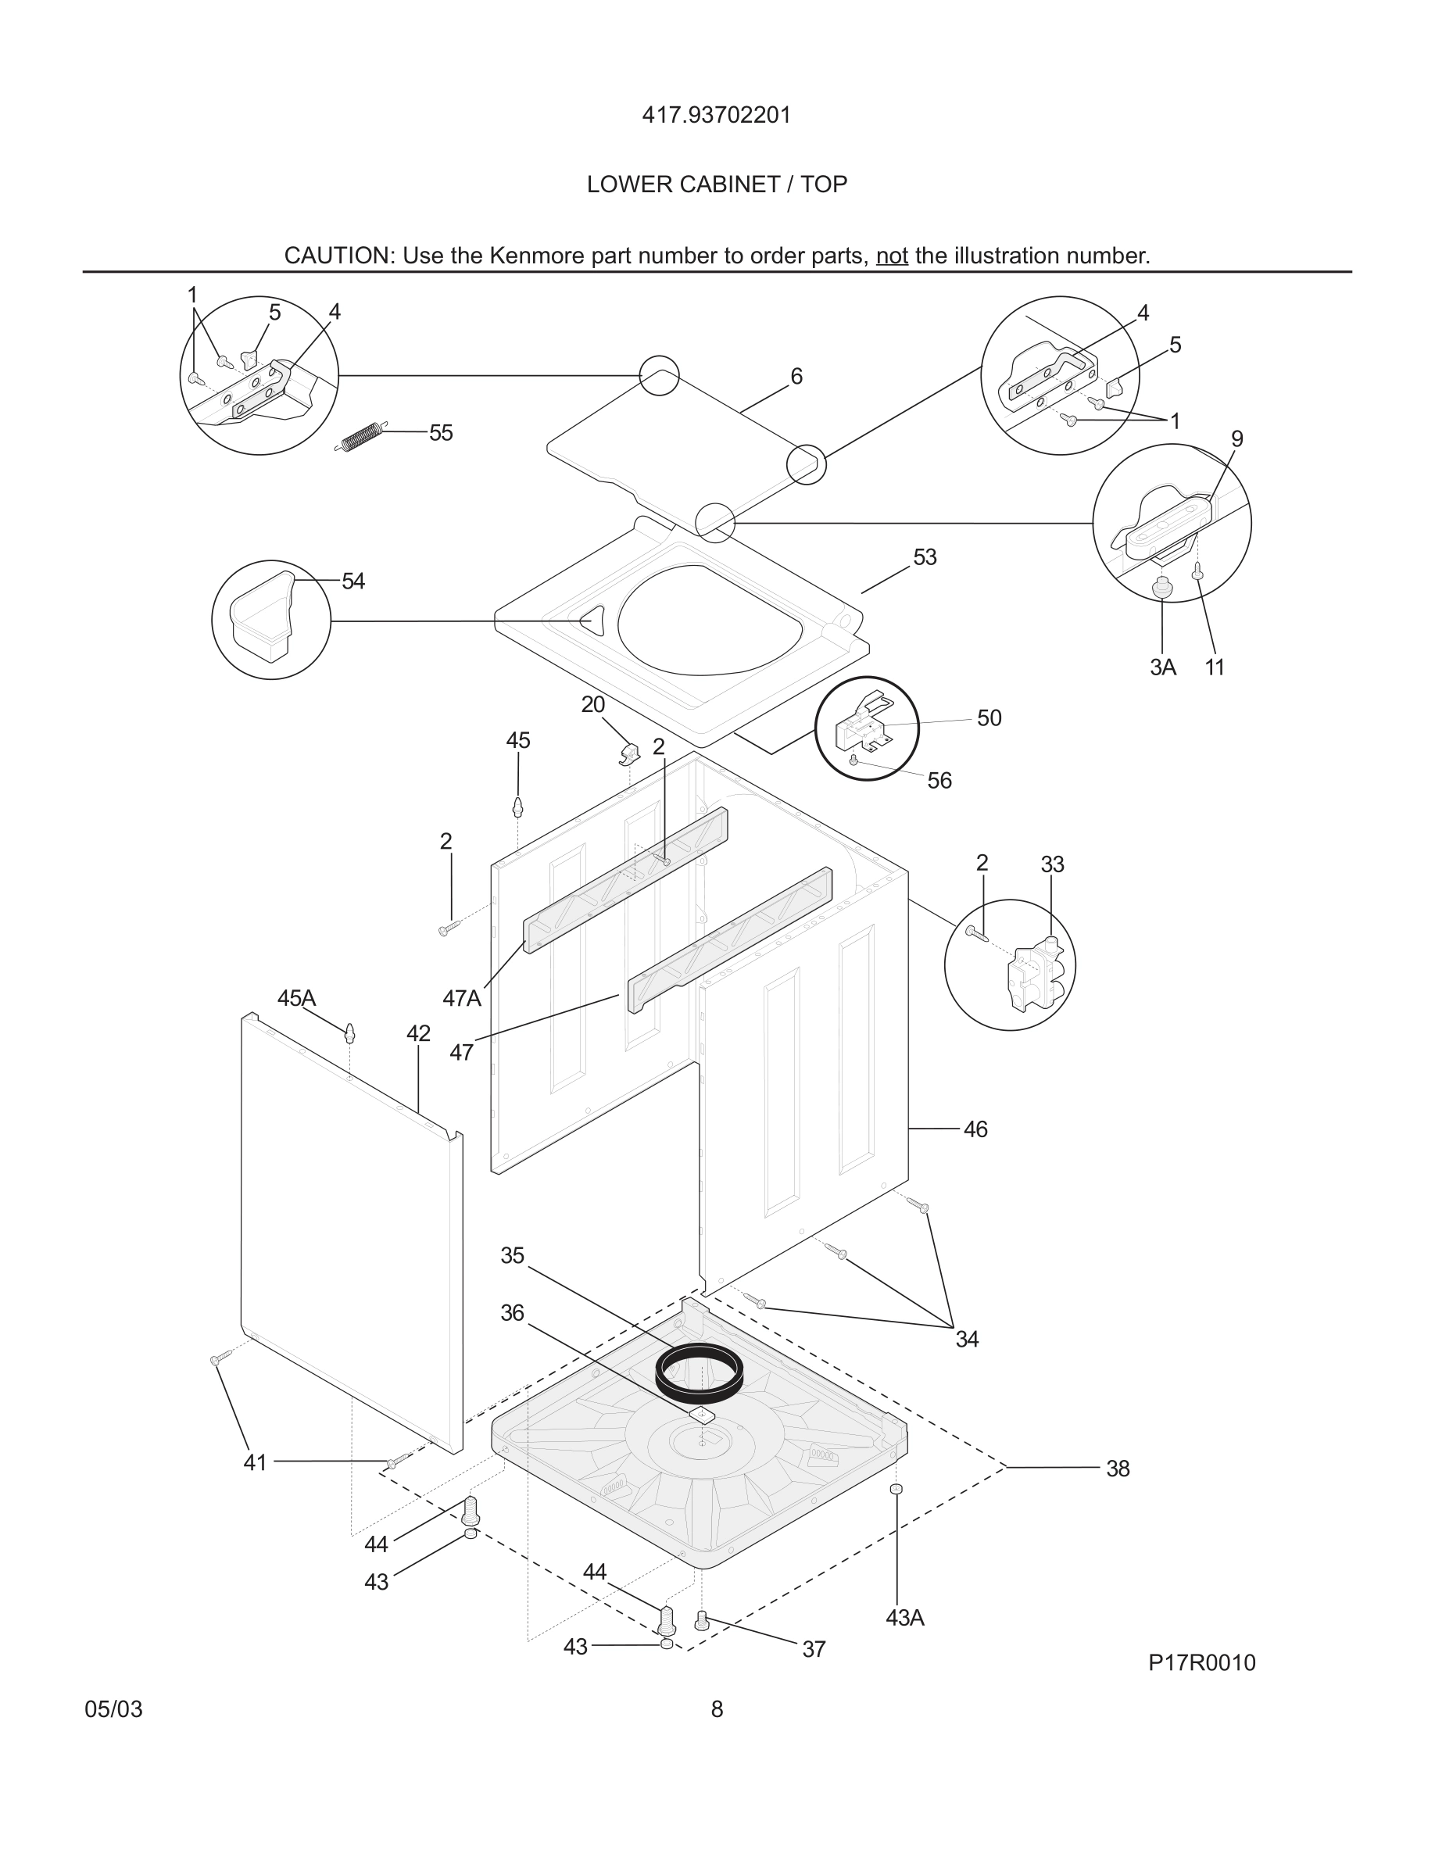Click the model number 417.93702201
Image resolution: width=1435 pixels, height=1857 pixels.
pos(716,115)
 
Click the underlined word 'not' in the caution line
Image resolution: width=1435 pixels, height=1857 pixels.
pos(892,256)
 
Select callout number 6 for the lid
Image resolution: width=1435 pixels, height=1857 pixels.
pos(796,376)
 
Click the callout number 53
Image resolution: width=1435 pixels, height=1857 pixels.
pos(924,557)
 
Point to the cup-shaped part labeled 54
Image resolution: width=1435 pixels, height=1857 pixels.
pos(262,619)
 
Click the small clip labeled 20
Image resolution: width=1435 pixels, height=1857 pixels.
pos(630,752)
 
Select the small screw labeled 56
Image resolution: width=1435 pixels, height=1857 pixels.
pos(853,760)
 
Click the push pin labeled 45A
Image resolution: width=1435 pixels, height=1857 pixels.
pos(349,1033)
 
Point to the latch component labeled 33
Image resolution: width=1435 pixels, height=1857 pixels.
pos(1035,973)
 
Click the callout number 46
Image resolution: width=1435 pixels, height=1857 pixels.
pos(975,1129)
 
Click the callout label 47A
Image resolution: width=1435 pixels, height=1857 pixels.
pos(462,998)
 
